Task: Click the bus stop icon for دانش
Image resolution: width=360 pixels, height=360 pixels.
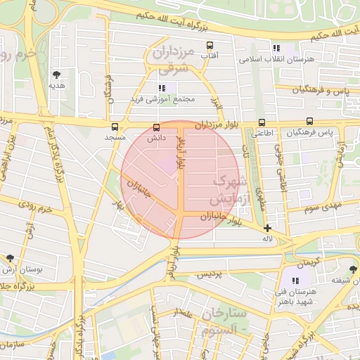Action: point(156,127)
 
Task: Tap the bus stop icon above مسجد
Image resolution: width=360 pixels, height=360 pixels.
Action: point(115,127)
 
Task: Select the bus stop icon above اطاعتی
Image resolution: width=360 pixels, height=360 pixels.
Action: point(262,121)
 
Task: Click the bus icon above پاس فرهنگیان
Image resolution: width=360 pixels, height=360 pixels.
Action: point(310,121)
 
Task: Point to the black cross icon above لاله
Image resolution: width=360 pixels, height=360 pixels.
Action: point(267,228)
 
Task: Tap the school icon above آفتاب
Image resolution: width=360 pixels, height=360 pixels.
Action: point(208,46)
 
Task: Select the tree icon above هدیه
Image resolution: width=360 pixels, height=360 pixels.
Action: point(56,74)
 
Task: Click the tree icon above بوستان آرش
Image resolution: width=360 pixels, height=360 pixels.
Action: point(10,259)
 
